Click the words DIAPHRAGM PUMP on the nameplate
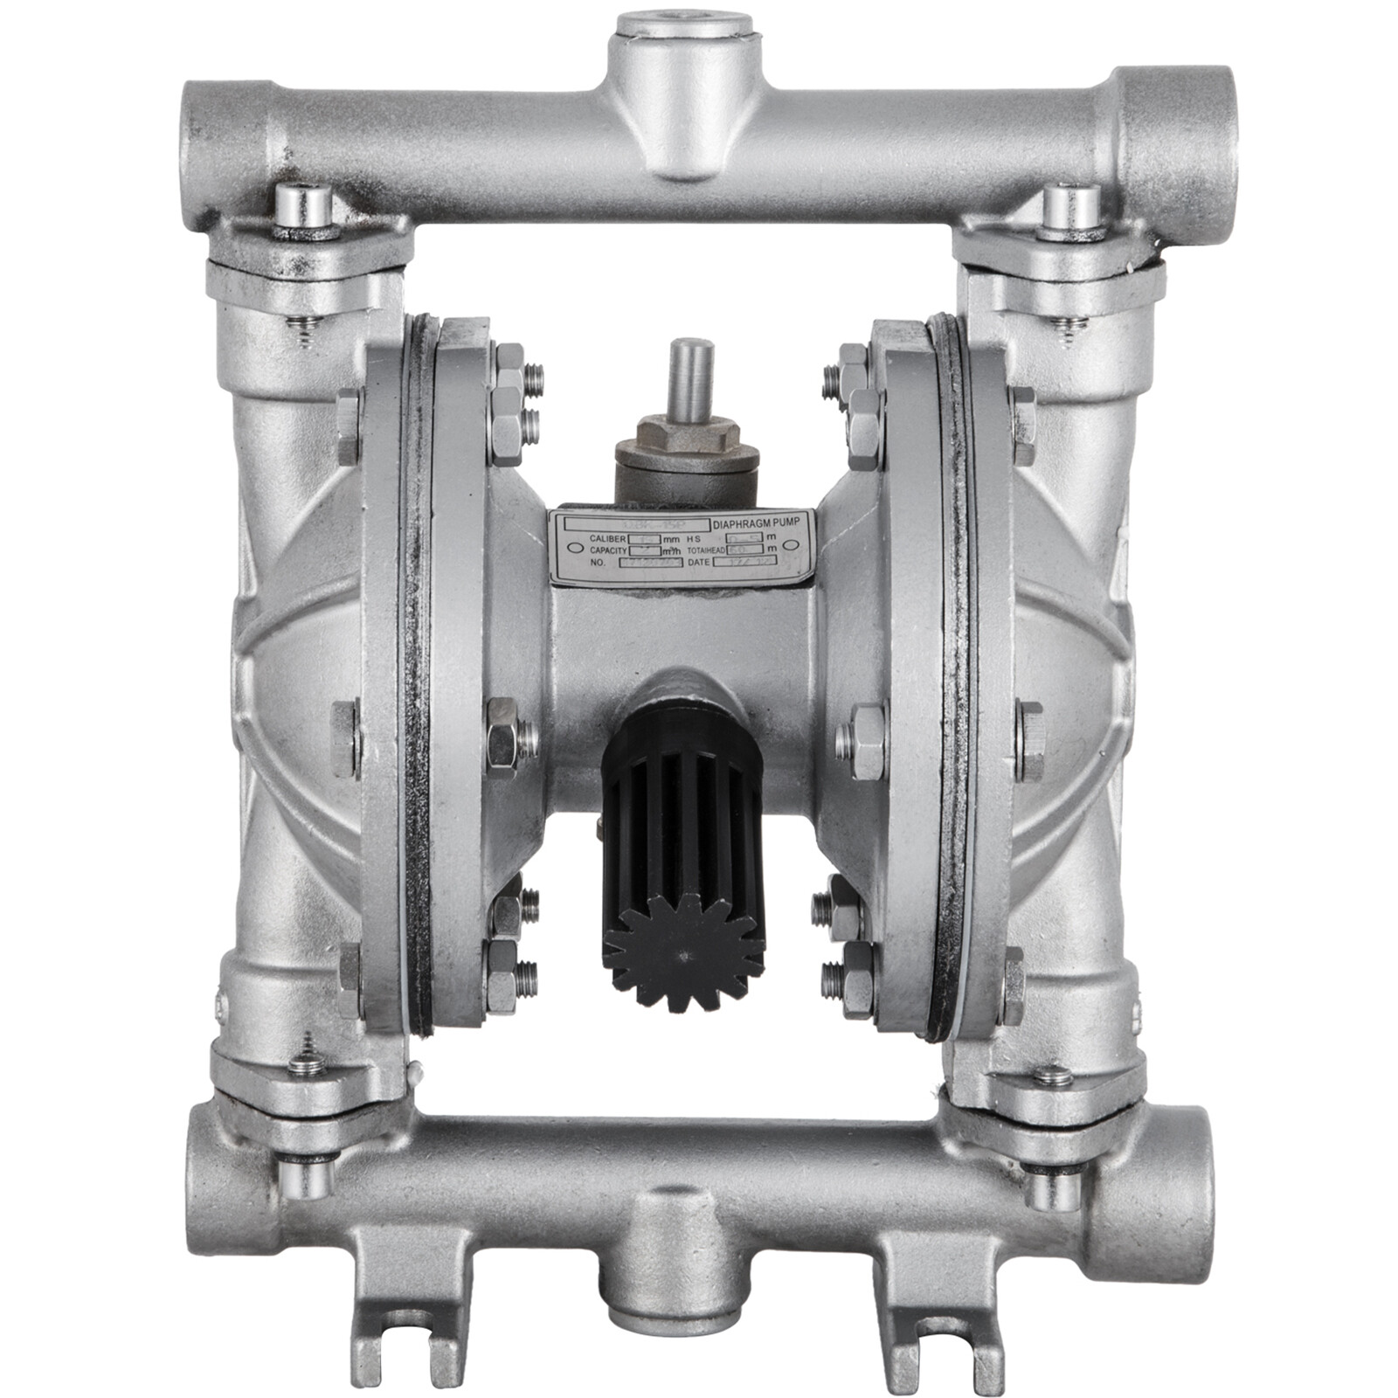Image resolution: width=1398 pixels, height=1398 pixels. pos(762,524)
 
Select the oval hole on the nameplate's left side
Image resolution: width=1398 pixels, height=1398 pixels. pos(571,550)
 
